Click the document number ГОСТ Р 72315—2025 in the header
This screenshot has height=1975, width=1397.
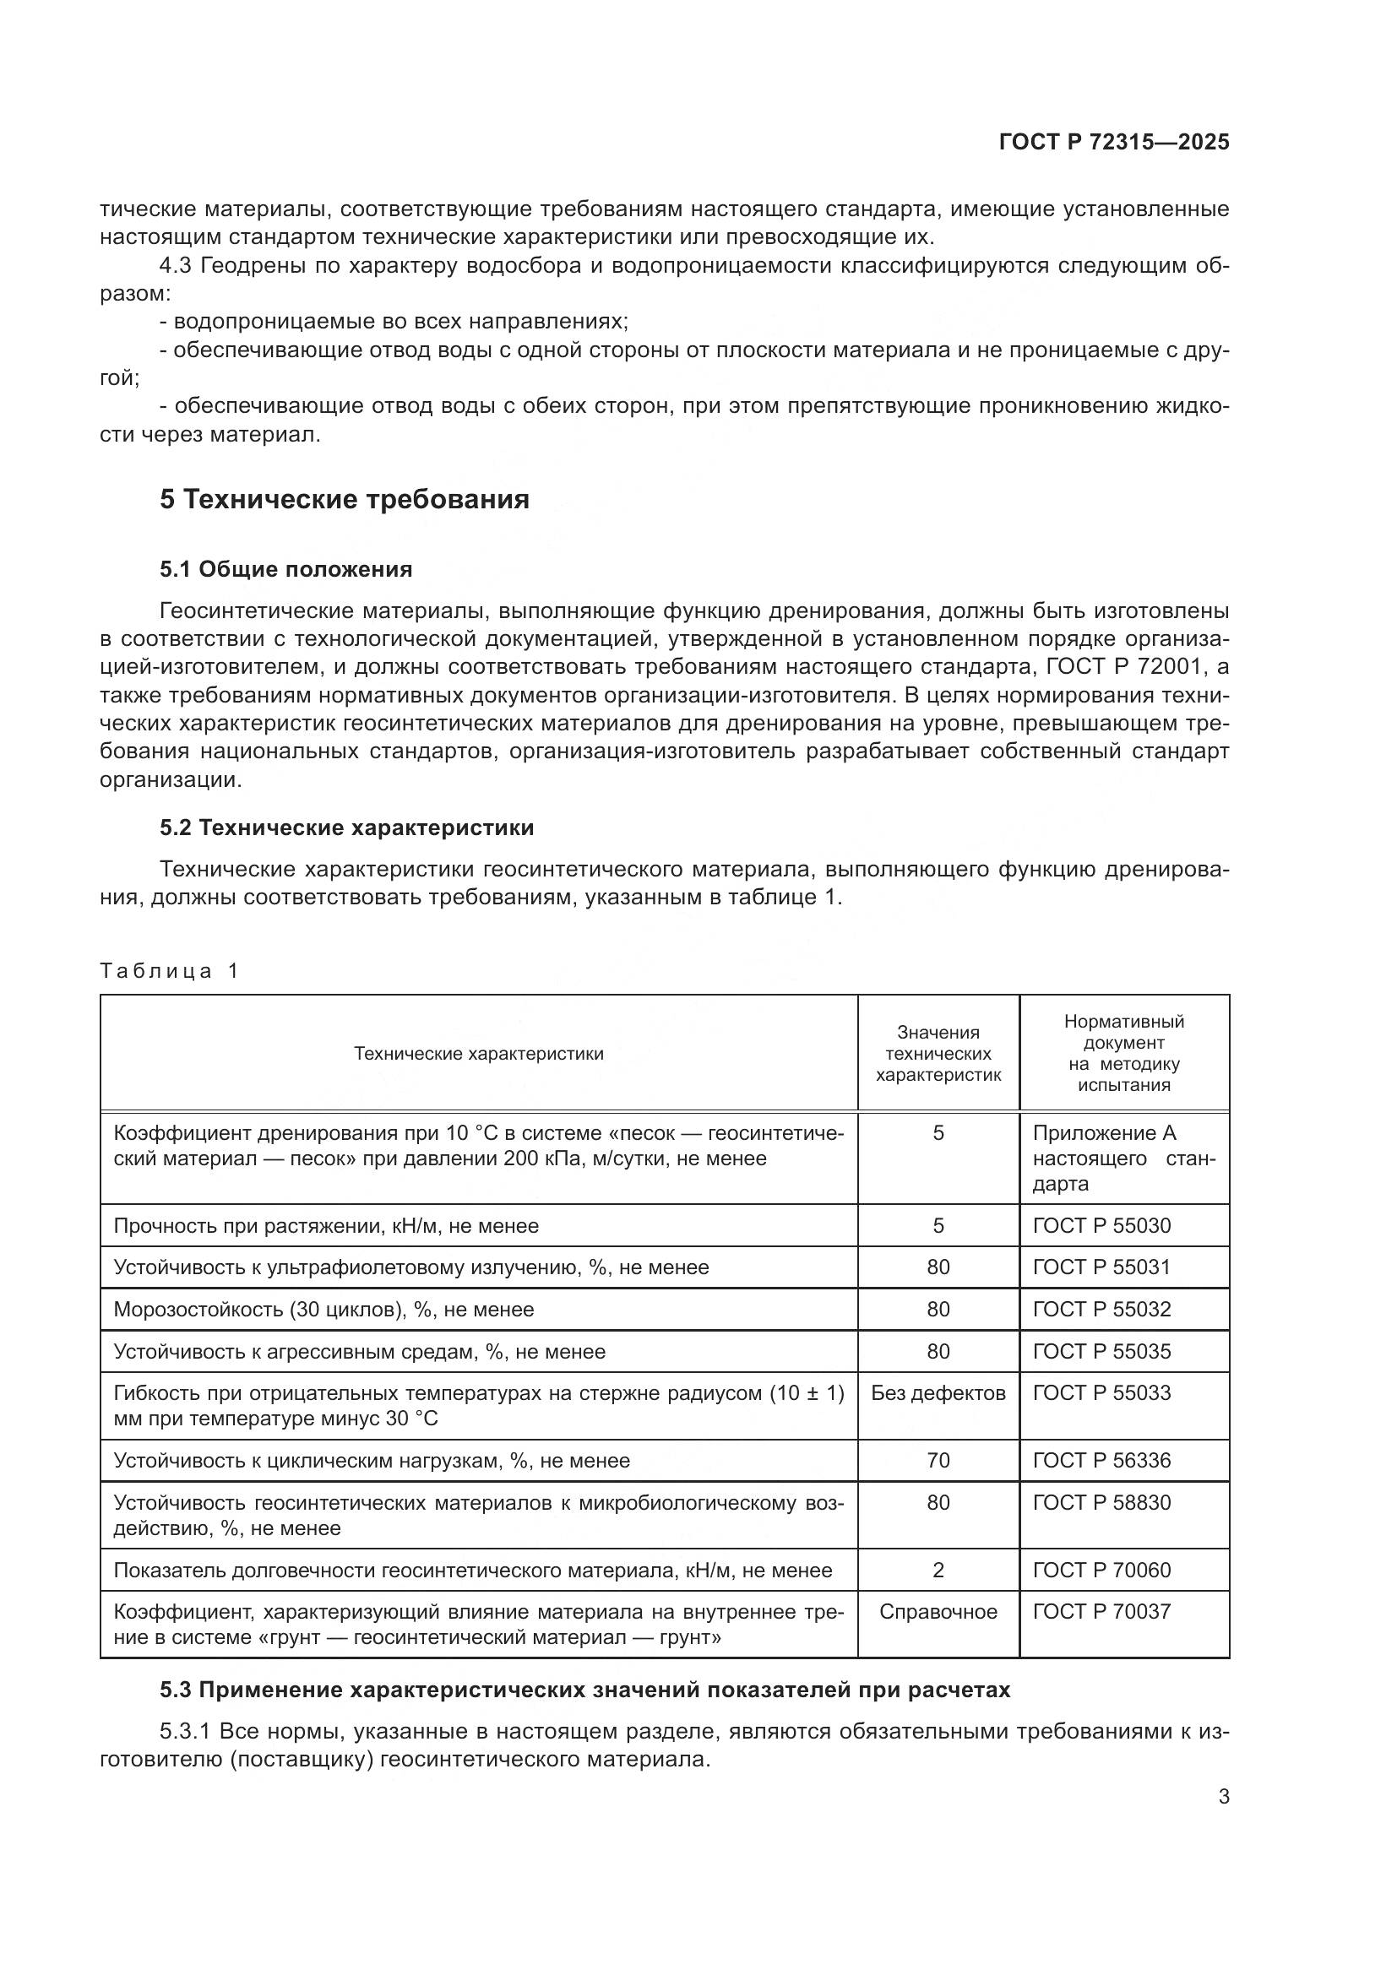(1114, 142)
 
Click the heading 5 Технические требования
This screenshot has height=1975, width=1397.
(344, 499)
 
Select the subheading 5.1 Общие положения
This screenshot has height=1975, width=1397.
(285, 569)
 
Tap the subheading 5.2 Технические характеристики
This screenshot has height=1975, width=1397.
(346, 827)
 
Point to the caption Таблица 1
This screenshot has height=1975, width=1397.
(169, 971)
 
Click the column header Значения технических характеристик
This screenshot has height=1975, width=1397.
(938, 1053)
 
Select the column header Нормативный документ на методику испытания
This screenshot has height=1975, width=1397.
(1123, 1053)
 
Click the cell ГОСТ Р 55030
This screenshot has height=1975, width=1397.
(1101, 1225)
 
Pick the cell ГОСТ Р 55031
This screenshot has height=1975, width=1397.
(1101, 1267)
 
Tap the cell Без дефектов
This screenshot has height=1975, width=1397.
(938, 1392)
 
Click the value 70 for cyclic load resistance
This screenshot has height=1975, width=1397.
(938, 1461)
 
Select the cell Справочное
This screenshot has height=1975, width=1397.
(938, 1612)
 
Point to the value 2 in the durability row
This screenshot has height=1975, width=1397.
(938, 1571)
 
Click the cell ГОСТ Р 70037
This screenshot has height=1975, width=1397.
(1101, 1612)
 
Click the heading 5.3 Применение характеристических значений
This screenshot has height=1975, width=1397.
(585, 1690)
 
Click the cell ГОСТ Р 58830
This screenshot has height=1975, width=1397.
(1101, 1503)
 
